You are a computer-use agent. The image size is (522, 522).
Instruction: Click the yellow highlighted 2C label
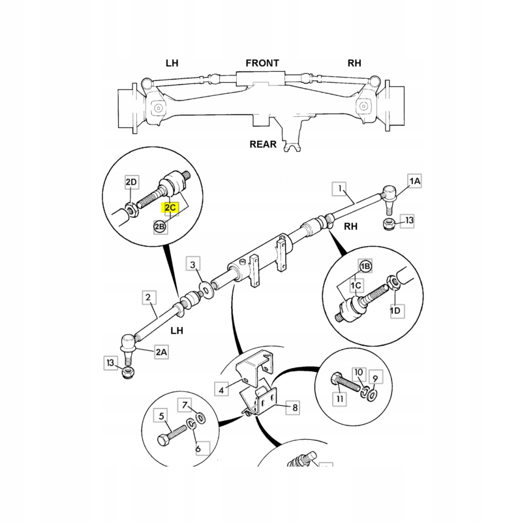170,207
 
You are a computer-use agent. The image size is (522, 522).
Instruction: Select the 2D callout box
132,181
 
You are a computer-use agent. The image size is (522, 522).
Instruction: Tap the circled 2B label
160,226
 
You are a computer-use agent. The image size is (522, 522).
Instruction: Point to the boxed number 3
193,264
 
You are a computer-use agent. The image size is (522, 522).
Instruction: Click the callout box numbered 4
221,390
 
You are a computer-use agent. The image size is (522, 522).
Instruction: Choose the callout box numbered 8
295,408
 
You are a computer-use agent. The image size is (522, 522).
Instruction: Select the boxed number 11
340,398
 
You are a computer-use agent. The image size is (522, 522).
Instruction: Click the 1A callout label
415,180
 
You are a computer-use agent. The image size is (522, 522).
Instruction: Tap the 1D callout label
395,311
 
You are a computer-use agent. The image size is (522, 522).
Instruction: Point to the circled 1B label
366,266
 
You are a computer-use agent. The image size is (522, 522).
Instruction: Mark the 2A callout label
161,352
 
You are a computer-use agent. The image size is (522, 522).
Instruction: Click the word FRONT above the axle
262,63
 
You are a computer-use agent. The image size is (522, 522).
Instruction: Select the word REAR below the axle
262,144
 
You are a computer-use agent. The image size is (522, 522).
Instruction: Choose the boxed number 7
185,405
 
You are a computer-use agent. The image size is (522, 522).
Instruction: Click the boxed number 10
359,372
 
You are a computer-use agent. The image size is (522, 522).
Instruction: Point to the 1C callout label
356,286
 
